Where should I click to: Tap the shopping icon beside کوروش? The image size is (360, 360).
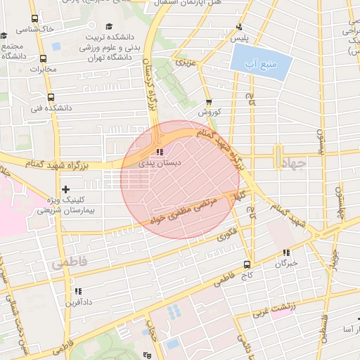tap(208, 103)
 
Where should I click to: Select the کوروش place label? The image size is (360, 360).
tap(209, 112)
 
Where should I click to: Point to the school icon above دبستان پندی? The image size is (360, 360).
tap(160, 152)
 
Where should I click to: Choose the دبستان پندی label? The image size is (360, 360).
tap(160, 162)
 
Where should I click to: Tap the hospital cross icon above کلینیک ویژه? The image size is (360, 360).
tap(66, 189)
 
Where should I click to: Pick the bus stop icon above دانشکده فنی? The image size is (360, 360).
tap(50, 98)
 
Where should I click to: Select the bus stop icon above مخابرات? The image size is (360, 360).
tap(44, 59)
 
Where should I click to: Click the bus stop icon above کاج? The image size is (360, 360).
tap(246, 264)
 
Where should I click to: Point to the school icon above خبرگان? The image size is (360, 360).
tap(286, 252)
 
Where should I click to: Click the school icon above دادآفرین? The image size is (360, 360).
tap(78, 291)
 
